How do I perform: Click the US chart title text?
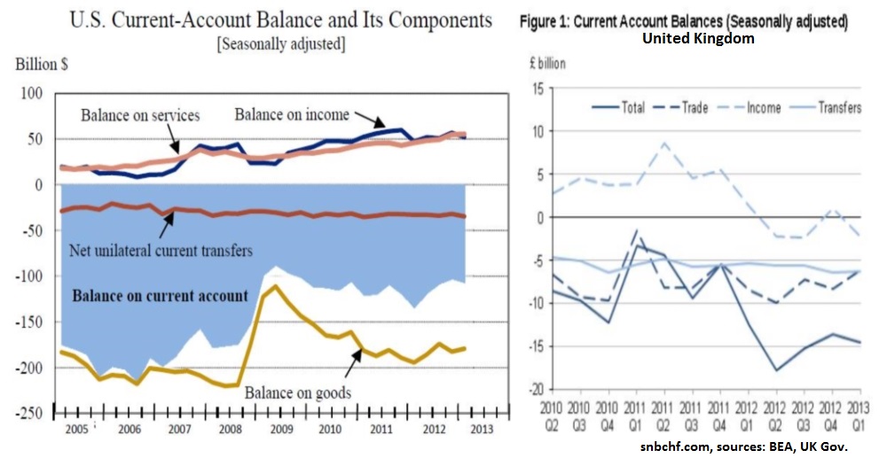(280, 19)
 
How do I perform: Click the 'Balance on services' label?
(140, 115)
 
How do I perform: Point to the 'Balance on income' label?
(292, 114)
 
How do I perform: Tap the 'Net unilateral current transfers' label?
(161, 251)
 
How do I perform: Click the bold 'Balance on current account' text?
(160, 296)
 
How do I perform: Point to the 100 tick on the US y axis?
(32, 93)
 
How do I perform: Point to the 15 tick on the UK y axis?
(538, 88)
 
